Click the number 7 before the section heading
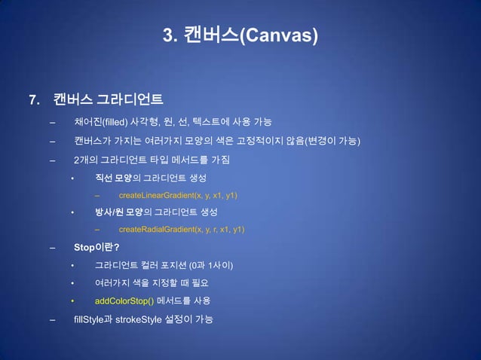click(32, 100)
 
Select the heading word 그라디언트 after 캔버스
click(132, 100)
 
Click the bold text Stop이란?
click(97, 246)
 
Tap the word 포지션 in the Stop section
click(170, 265)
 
